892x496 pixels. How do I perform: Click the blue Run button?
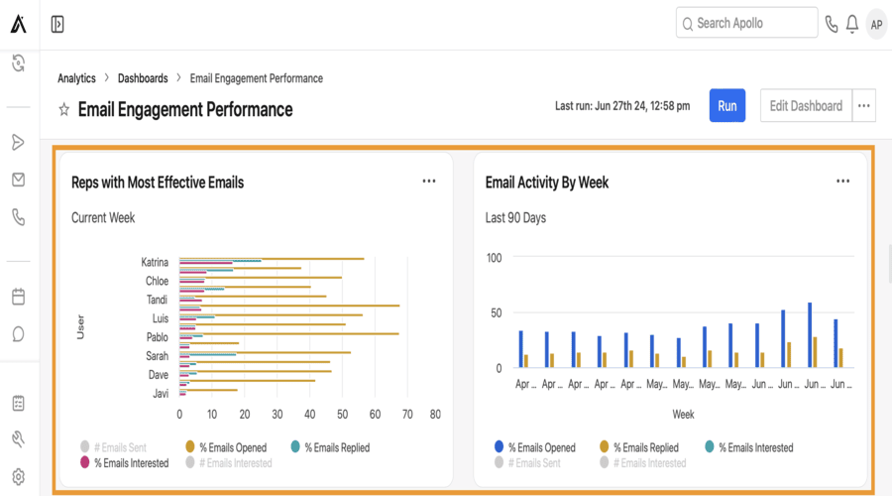726,106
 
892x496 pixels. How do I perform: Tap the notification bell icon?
852,24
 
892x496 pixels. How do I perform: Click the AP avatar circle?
876,24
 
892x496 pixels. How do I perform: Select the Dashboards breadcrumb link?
142,78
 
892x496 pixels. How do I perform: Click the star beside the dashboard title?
64,109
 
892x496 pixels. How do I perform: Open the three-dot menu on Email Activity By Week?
842,182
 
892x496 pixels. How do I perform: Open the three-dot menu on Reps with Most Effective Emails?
429,182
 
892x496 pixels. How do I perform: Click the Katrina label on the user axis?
155,263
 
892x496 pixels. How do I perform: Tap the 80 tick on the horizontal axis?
434,414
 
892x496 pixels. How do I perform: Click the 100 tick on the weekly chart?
494,258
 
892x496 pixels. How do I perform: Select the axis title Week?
683,413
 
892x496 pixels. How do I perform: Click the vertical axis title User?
81,327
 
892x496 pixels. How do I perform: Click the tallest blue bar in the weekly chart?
810,335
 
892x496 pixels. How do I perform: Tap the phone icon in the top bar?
831,24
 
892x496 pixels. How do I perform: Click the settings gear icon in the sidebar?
18,476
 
